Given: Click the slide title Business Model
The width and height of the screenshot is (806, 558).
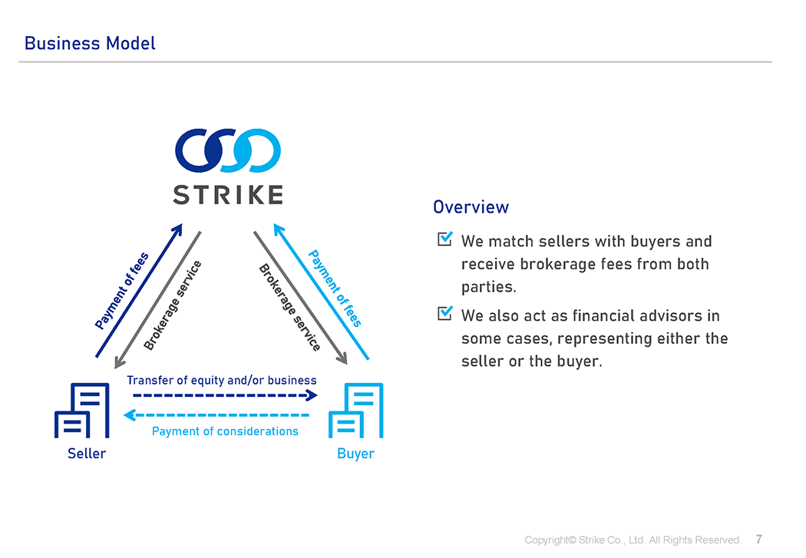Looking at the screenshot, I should [90, 43].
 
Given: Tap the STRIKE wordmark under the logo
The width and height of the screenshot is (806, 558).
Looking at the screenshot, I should [227, 194].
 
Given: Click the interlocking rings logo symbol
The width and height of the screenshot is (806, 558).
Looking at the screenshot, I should [227, 150].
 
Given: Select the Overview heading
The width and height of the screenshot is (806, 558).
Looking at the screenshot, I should [471, 207].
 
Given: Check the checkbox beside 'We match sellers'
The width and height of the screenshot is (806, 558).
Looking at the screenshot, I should [444, 239].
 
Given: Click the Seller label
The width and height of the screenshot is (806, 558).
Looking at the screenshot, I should [87, 454].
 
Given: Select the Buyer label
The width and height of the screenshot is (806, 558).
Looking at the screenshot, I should [355, 454].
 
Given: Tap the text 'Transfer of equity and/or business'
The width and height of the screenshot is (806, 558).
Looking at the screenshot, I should [221, 380].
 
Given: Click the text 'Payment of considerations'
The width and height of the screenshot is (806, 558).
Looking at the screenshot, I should [225, 431].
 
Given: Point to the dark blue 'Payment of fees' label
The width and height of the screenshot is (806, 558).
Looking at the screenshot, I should [122, 290].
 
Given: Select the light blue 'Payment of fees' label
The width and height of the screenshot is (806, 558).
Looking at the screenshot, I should [335, 288].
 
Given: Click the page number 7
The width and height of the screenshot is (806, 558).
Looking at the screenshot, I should [759, 539].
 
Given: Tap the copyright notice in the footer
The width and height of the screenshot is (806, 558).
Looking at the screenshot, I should [633, 540].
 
